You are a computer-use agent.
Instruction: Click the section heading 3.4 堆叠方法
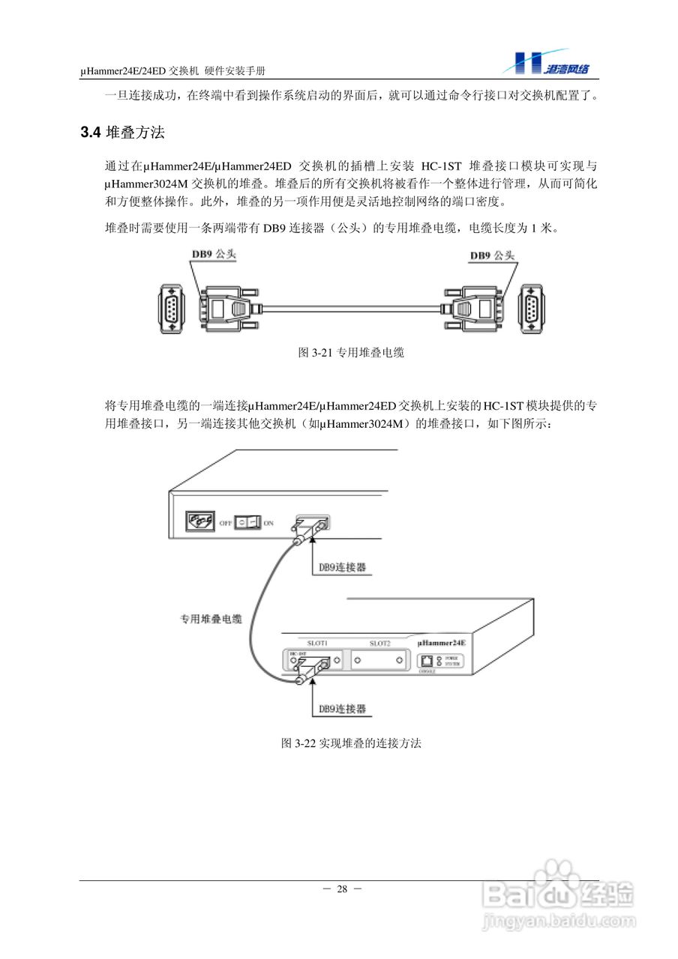click(122, 133)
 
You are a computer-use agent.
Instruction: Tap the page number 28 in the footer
click(342, 889)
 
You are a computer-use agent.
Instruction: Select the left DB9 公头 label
click(213, 255)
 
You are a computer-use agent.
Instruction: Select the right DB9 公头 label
click(493, 255)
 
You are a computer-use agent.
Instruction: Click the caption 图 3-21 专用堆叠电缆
click(351, 352)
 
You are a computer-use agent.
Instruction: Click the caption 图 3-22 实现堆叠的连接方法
click(351, 743)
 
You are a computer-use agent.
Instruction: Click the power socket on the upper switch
click(199, 520)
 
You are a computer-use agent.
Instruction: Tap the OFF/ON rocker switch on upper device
click(247, 521)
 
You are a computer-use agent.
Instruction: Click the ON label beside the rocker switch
click(268, 522)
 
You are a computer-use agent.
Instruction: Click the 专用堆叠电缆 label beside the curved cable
click(210, 620)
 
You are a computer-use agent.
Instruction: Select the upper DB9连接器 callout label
click(342, 567)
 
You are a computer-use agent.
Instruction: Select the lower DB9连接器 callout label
click(342, 708)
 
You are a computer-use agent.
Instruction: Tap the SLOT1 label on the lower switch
click(319, 643)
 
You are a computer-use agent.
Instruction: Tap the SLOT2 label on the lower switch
click(380, 643)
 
